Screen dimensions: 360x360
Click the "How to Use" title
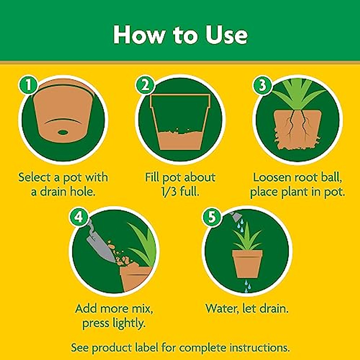[x=180, y=35]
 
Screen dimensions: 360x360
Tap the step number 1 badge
[x=28, y=85]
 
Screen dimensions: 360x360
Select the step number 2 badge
[x=145, y=85]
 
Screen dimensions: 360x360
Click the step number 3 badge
[x=262, y=85]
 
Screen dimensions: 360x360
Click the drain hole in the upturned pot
[x=63, y=132]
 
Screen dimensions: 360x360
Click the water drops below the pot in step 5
[x=247, y=286]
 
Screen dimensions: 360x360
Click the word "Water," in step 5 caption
[x=222, y=308]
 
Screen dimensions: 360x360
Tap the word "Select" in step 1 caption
[x=34, y=177]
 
